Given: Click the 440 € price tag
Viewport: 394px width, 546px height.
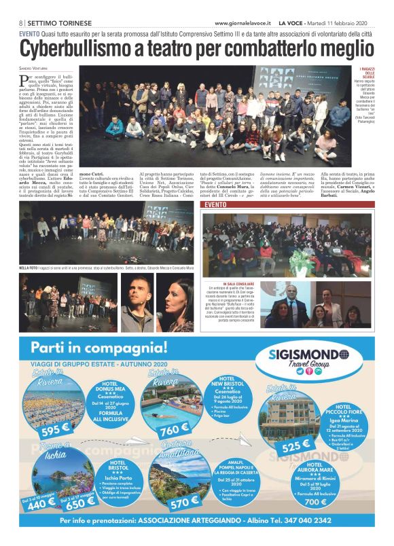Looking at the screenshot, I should coord(42,502).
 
